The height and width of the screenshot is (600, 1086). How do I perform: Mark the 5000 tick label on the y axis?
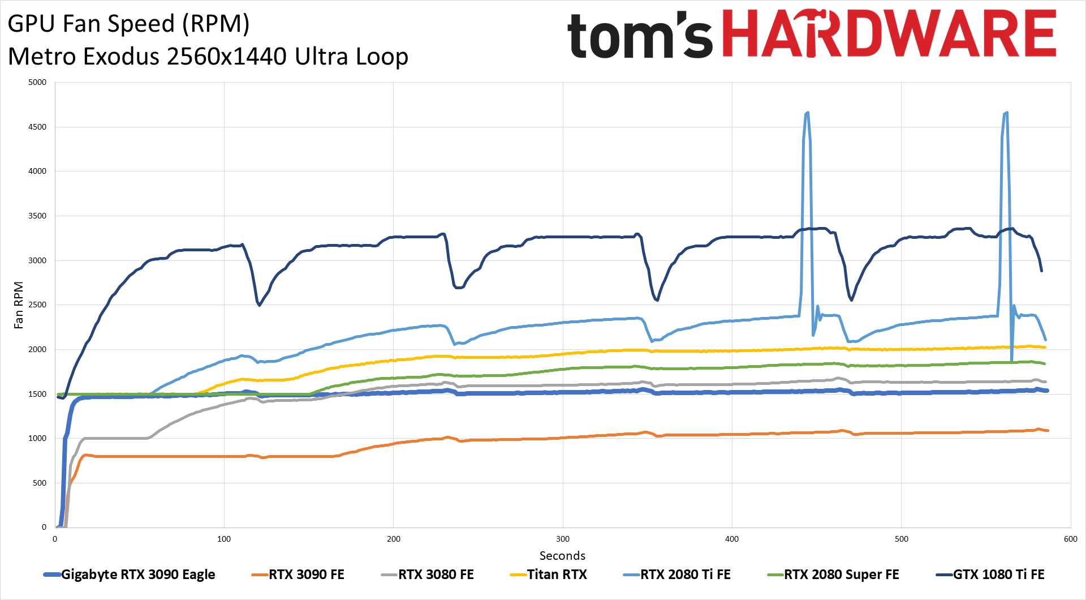(x=37, y=83)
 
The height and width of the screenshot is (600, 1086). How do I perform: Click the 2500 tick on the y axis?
(x=37, y=305)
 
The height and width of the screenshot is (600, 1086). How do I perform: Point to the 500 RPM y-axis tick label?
(x=39, y=483)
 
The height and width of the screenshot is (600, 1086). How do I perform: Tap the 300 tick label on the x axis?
(x=563, y=539)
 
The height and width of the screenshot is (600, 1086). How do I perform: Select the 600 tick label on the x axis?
(x=1070, y=539)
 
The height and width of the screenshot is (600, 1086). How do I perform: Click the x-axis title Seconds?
(x=562, y=556)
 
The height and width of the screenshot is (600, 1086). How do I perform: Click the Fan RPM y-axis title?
(x=19, y=305)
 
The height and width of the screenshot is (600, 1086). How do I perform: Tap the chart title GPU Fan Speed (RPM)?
(x=128, y=24)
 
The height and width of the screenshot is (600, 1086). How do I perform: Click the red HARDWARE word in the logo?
(x=889, y=34)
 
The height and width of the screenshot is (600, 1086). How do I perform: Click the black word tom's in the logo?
(x=639, y=35)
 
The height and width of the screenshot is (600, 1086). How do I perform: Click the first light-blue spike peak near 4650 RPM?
(x=807, y=113)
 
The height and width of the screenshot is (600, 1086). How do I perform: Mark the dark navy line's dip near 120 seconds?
(x=259, y=305)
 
